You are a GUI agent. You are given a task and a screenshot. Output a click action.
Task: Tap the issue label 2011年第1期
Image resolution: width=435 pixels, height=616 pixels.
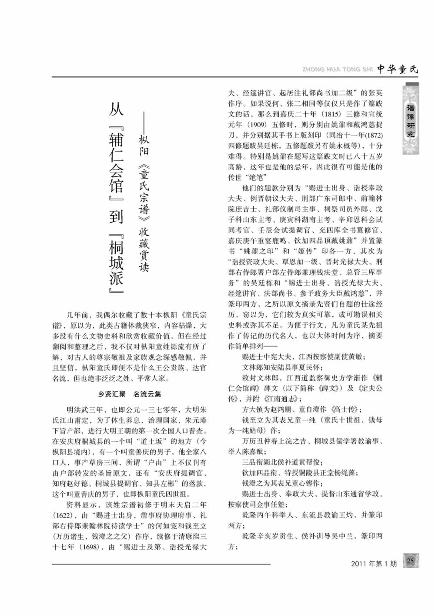click(x=374, y=563)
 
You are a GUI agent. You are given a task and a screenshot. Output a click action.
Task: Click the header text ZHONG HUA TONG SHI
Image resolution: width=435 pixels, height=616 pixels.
click(x=337, y=70)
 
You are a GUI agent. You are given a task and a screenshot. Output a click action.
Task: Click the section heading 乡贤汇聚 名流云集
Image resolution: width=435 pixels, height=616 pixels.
click(x=129, y=394)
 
